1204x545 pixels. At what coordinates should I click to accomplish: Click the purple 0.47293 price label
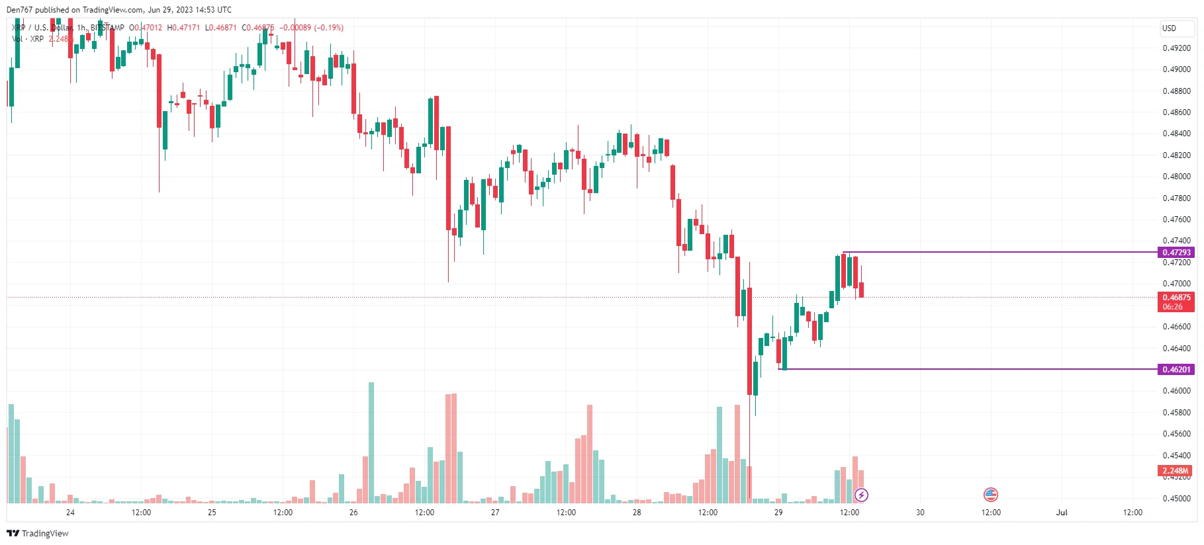pyautogui.click(x=1176, y=252)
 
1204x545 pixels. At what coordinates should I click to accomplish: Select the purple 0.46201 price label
pyautogui.click(x=1176, y=369)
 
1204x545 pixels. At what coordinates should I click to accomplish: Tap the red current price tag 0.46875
pyautogui.click(x=1176, y=298)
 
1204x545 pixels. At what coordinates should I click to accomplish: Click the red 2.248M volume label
pyautogui.click(x=1176, y=471)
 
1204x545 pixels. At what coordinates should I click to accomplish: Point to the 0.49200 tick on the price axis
pyautogui.click(x=1176, y=48)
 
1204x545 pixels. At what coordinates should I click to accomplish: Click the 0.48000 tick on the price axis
pyautogui.click(x=1176, y=177)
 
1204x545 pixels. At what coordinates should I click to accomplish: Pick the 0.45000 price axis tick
pyautogui.click(x=1176, y=499)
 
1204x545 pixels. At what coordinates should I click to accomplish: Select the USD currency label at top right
pyautogui.click(x=1169, y=28)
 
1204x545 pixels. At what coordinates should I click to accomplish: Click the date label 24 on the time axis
pyautogui.click(x=70, y=513)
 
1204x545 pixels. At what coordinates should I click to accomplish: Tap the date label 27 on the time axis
pyautogui.click(x=495, y=513)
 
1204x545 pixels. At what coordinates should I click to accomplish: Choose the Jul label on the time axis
pyautogui.click(x=1062, y=513)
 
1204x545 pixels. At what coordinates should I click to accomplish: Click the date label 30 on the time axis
pyautogui.click(x=920, y=513)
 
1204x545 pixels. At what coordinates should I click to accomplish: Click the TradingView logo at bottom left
pyautogui.click(x=38, y=533)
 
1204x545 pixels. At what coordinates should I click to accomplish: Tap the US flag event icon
pyautogui.click(x=990, y=494)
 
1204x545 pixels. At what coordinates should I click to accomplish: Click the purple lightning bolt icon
pyautogui.click(x=861, y=495)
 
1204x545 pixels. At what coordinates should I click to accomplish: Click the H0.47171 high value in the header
pyautogui.click(x=183, y=28)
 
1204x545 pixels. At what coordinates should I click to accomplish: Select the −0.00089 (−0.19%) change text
pyautogui.click(x=311, y=28)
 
